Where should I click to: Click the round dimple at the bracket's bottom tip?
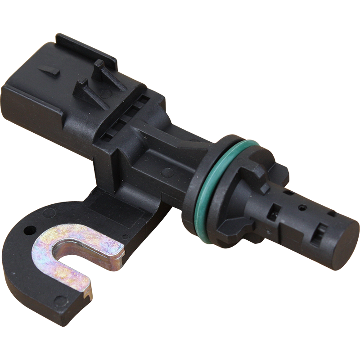(58, 299)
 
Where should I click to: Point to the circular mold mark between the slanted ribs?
(107, 93)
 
